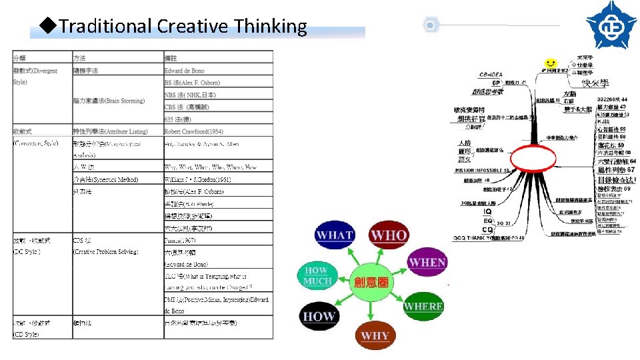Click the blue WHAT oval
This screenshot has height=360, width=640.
coord(335,235)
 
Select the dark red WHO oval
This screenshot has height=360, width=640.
coord(388,235)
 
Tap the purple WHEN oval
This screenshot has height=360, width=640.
coord(427,262)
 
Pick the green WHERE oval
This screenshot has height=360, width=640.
coord(423,306)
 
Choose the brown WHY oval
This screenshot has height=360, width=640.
coord(375,335)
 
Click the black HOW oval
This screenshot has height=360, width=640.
coord(319,317)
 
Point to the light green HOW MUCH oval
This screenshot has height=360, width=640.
coord(317,275)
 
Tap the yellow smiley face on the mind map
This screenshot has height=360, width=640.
coord(550,63)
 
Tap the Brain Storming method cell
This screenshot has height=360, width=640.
coord(109,101)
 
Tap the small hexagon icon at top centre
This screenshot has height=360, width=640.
coord(431,25)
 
